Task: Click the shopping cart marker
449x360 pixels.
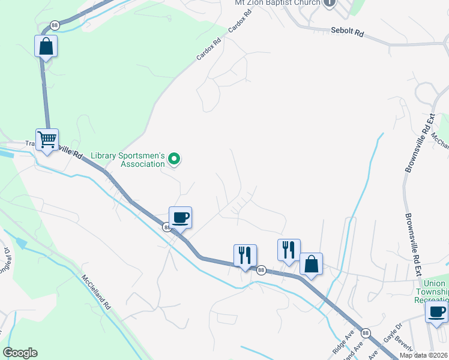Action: [47, 140]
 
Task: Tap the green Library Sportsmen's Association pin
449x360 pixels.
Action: [175, 159]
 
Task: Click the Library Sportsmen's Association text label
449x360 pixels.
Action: [127, 160]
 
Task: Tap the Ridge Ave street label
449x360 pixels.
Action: [341, 340]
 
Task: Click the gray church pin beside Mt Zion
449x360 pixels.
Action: [329, 3]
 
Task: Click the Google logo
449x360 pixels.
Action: [20, 353]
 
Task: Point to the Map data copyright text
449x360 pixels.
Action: [423, 355]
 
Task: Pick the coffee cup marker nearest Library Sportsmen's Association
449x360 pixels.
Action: [180, 217]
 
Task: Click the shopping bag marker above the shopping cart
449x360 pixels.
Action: [46, 46]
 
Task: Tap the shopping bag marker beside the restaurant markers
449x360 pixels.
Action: [311, 264]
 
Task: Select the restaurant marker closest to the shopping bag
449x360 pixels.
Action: [289, 249]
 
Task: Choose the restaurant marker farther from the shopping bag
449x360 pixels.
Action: [245, 255]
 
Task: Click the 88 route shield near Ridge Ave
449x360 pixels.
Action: [365, 332]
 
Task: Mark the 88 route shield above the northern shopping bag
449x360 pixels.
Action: [55, 25]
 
